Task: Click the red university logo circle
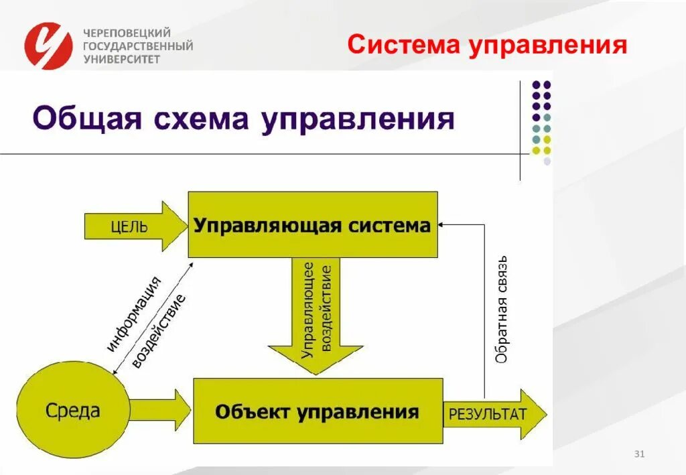pos(48,46)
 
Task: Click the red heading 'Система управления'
pos(488,46)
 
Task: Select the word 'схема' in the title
pos(202,120)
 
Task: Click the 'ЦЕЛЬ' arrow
pos(135,226)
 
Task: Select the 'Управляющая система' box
pos(312,225)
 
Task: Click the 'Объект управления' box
pos(318,411)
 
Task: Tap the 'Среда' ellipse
pos(72,409)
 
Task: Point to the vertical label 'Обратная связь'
pos(502,309)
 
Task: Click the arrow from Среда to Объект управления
pos(159,409)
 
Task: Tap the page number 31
pos(638,455)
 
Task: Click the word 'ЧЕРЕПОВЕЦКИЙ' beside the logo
pos(127,33)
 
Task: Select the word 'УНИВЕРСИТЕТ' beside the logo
pos(122,59)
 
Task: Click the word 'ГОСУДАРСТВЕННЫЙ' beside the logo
pos(138,46)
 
